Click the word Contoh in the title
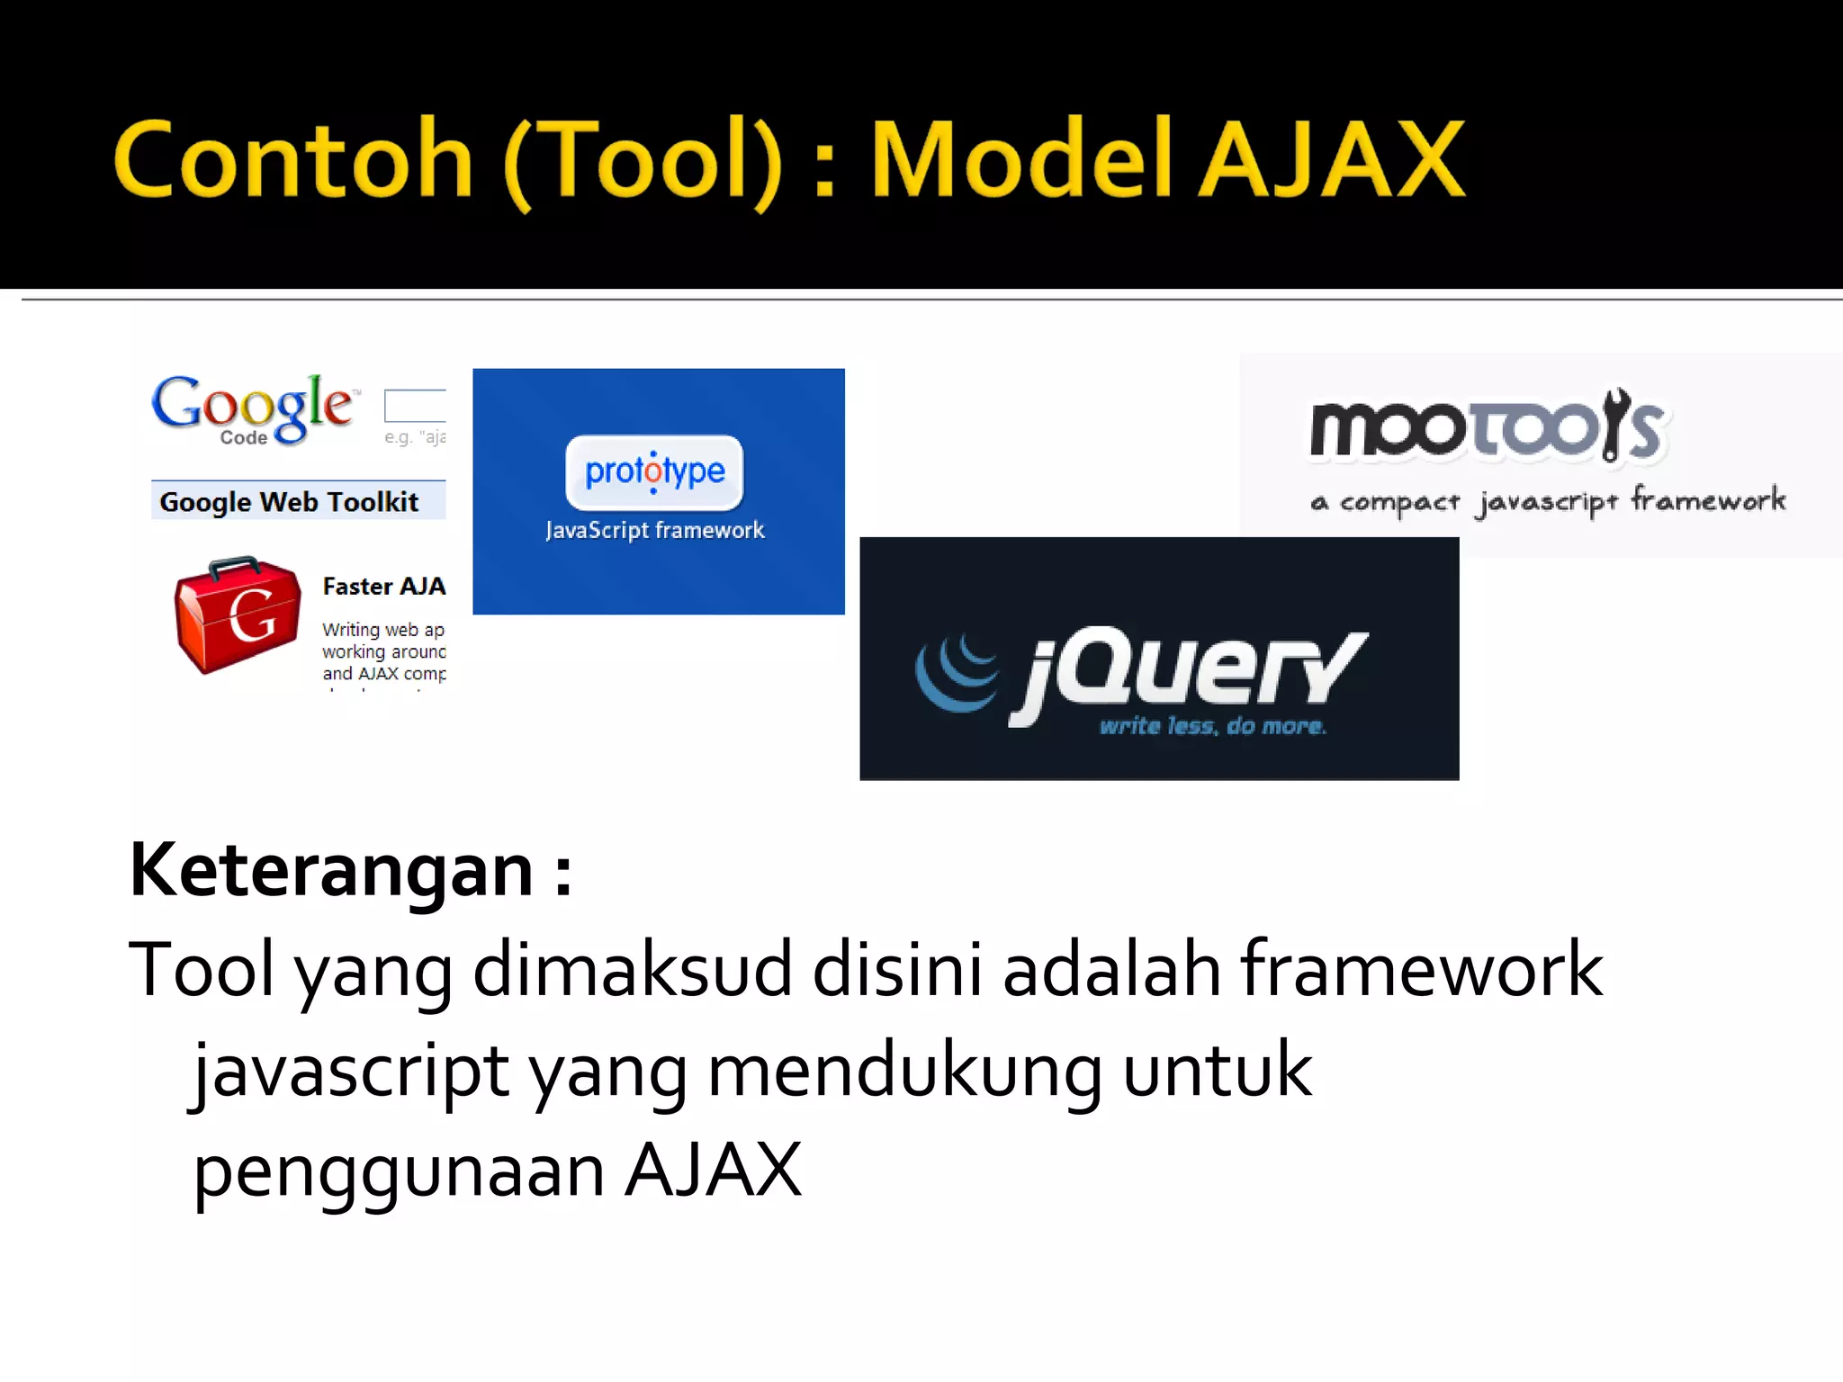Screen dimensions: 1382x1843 (x=293, y=160)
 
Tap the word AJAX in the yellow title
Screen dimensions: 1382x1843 (x=1333, y=160)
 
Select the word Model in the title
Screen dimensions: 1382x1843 (x=1021, y=160)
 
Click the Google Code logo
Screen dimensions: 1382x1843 (x=253, y=409)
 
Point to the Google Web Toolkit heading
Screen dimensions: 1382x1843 (x=289, y=501)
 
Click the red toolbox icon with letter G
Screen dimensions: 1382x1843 (x=238, y=614)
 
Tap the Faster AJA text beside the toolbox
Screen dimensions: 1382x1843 (x=384, y=587)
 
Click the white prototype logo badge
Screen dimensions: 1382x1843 (x=654, y=471)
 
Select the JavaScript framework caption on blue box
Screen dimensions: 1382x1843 (x=654, y=530)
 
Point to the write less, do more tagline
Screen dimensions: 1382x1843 (x=1212, y=726)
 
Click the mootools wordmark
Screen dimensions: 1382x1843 (x=1488, y=426)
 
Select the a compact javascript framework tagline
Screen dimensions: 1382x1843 (x=1548, y=501)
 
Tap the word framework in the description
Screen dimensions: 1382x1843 (x=1422, y=969)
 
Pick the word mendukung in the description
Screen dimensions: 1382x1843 (x=904, y=1071)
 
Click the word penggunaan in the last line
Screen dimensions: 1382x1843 (x=399, y=1171)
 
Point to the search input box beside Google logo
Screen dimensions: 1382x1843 (x=415, y=406)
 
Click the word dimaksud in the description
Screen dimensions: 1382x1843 (x=632, y=969)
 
